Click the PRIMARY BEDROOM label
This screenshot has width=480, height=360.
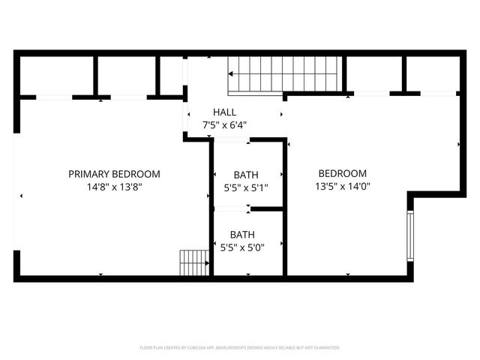[x=114, y=174]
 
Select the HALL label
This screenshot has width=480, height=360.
[x=224, y=112]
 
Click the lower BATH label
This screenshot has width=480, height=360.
[x=242, y=234]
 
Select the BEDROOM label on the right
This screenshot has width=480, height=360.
[x=342, y=173]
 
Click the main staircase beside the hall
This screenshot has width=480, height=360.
[x=285, y=73]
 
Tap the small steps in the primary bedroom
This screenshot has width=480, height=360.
[x=193, y=262]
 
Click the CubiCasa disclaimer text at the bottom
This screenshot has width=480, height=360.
[x=240, y=347]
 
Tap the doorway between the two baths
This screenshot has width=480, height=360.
[x=232, y=208]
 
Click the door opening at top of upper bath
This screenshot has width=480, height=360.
[x=232, y=139]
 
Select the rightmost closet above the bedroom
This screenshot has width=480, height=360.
[x=432, y=73]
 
